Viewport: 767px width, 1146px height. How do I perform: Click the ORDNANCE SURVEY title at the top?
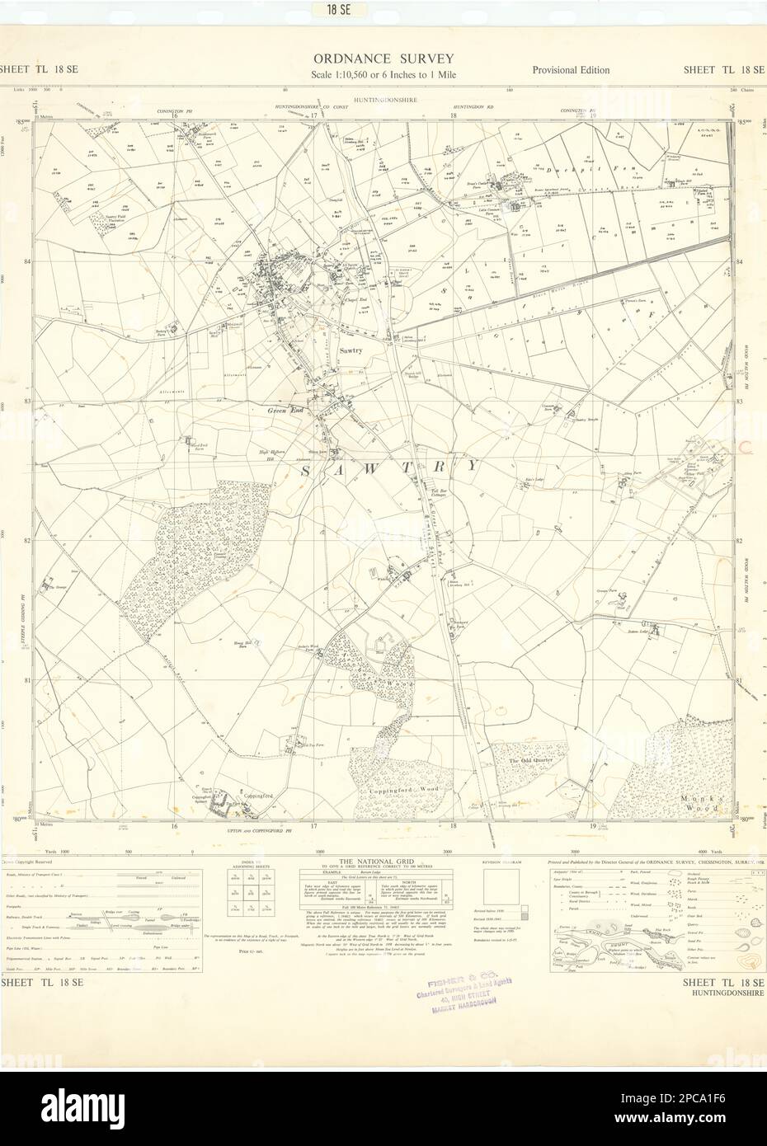point(382,59)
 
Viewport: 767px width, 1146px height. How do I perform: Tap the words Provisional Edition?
point(571,70)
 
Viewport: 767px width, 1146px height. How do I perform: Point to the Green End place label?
point(281,410)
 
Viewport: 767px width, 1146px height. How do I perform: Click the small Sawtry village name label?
point(351,350)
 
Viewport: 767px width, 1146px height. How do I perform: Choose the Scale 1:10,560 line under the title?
point(383,75)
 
